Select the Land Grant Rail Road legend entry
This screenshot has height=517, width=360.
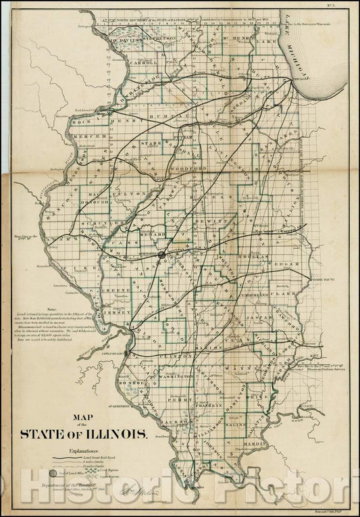pos(101,458)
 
